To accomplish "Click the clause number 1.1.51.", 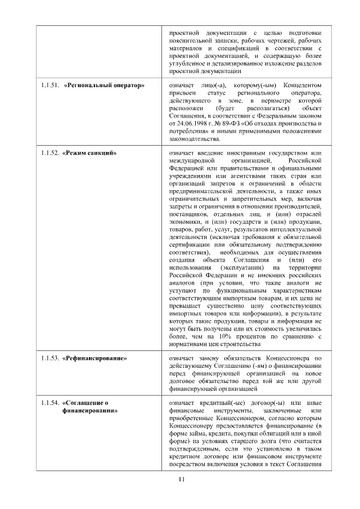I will click(51, 85).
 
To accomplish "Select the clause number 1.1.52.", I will click(51, 153).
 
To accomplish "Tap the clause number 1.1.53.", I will click(51, 358).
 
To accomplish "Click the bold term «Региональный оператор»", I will click(105, 85).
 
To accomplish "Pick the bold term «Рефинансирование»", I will click(95, 358).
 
